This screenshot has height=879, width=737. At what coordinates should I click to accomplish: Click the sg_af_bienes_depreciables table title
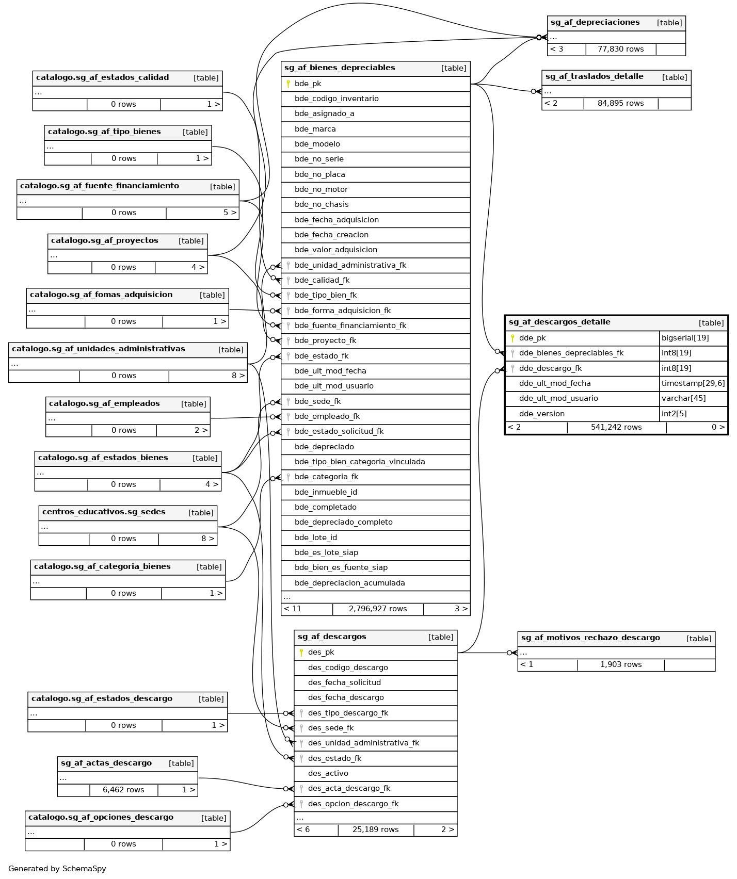(340, 68)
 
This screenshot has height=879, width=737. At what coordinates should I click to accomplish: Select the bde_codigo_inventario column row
(337, 99)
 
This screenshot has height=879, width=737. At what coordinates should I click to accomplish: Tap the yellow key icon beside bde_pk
(288, 84)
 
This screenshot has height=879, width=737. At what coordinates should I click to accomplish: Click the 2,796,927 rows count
(378, 609)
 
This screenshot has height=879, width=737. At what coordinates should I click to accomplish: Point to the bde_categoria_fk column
(326, 477)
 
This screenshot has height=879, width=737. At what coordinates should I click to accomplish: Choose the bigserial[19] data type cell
(685, 338)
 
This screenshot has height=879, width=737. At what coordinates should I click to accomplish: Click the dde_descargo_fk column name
(550, 368)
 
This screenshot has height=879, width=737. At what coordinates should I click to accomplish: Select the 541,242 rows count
(616, 427)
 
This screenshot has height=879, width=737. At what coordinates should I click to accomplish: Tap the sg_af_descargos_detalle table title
(559, 322)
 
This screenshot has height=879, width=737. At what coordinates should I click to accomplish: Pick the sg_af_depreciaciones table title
(595, 22)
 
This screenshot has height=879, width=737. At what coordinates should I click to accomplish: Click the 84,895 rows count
(620, 103)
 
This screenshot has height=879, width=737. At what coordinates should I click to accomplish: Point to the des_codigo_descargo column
(348, 668)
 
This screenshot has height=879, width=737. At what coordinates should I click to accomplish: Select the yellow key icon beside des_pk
(301, 652)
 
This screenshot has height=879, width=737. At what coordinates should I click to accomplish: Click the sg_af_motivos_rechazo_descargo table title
(590, 638)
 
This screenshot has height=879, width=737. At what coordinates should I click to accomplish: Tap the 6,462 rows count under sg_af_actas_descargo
(123, 790)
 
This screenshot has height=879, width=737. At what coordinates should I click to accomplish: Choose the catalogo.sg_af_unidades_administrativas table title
(98, 349)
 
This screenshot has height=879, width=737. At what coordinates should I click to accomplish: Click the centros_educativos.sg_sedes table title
(104, 512)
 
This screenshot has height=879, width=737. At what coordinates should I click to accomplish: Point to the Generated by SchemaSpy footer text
(57, 869)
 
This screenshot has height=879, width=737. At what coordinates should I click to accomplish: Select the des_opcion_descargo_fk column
(353, 804)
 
